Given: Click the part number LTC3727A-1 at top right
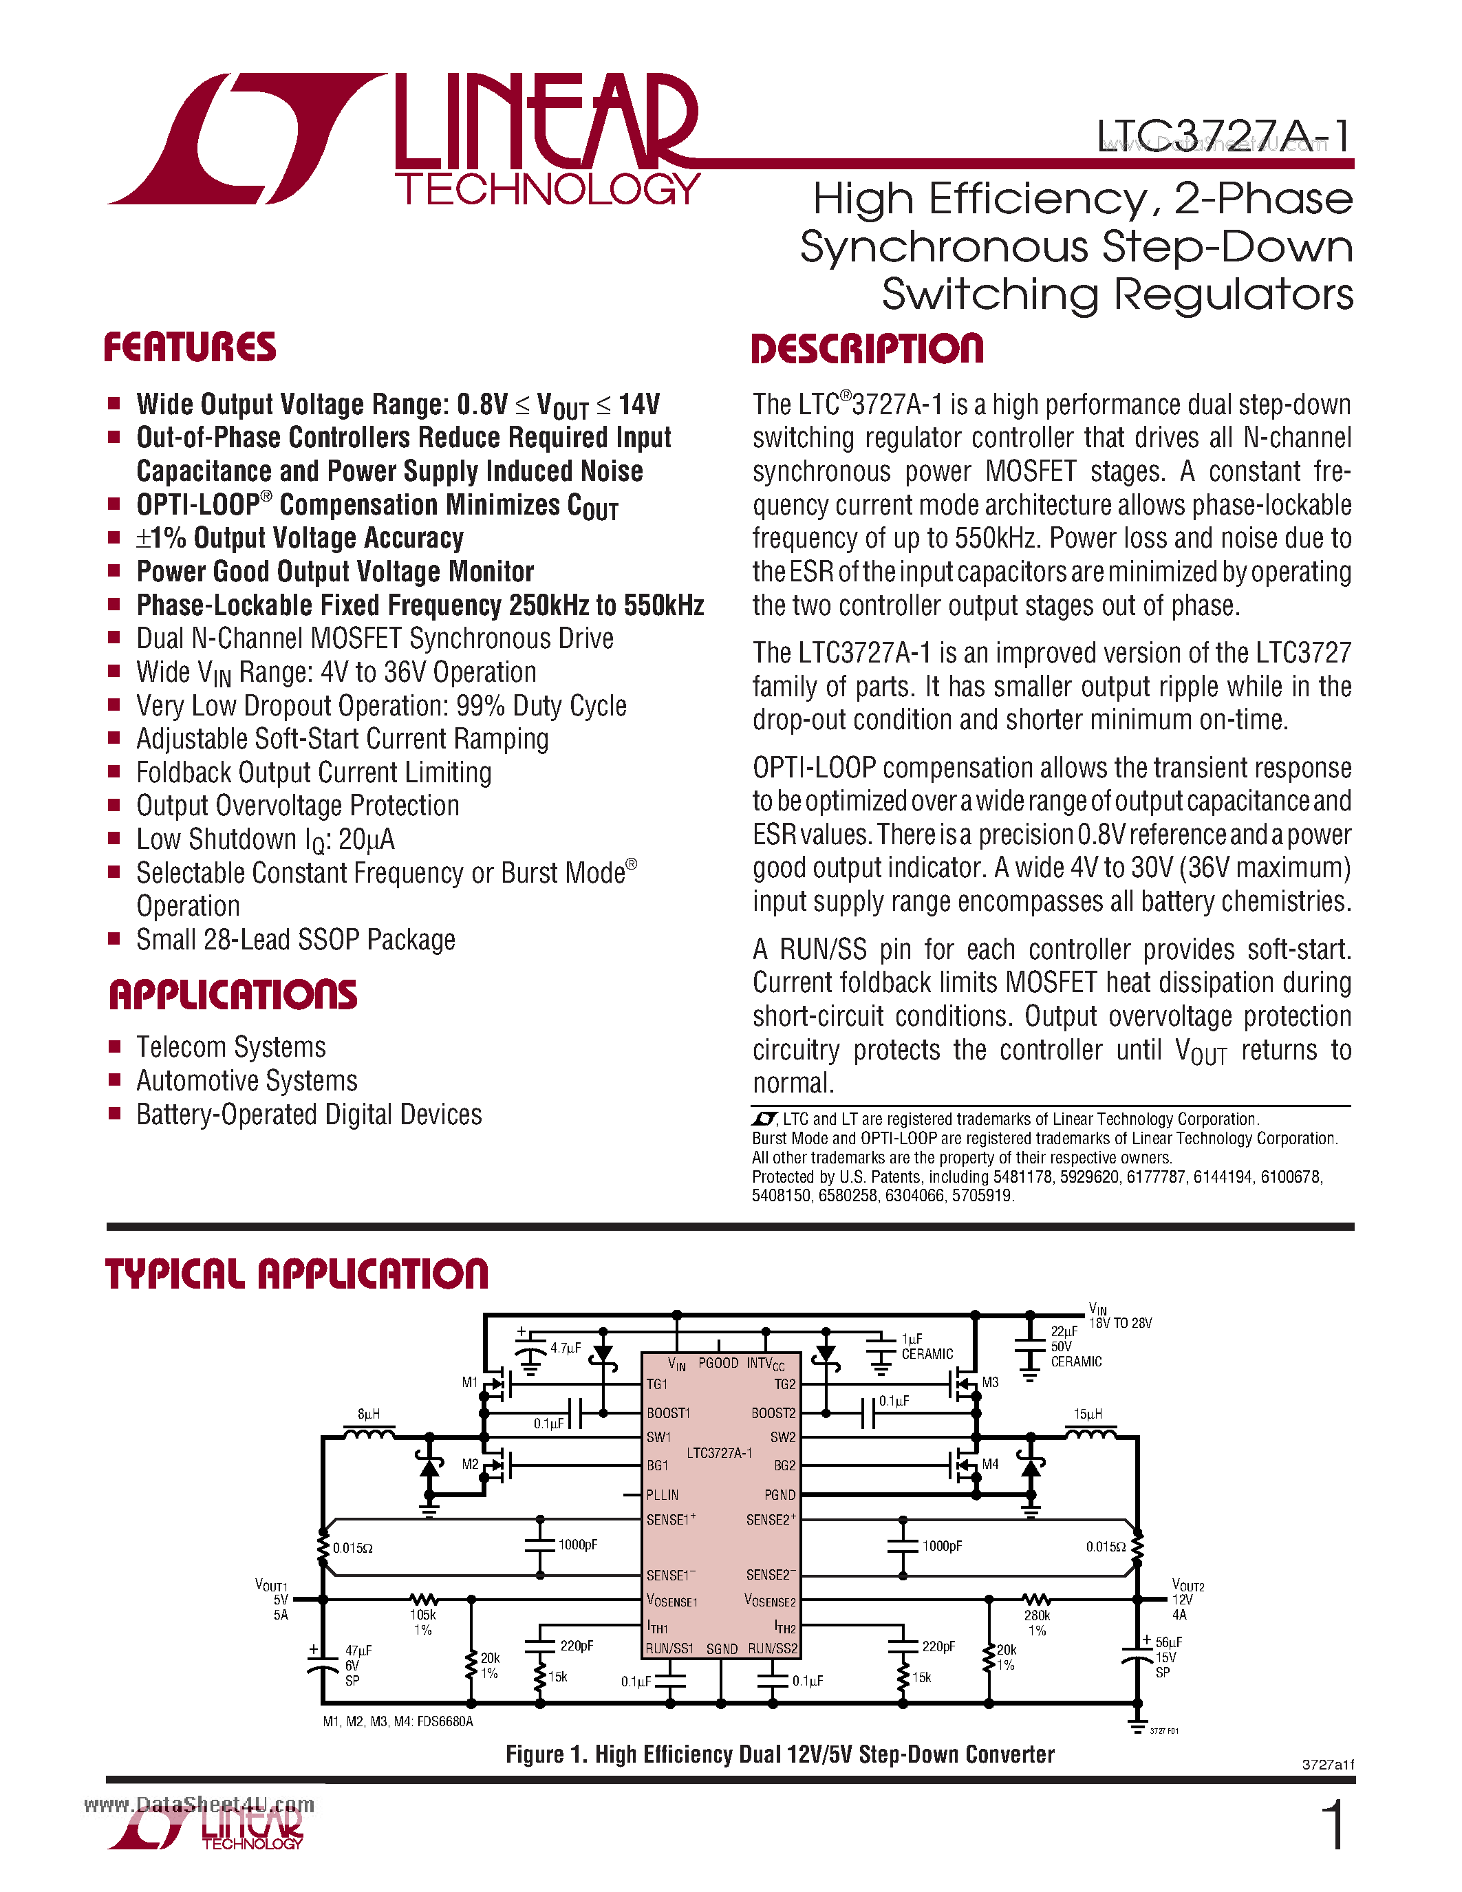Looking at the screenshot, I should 1223,136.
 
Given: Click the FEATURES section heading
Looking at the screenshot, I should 190,347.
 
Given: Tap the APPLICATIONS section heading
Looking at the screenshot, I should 233,995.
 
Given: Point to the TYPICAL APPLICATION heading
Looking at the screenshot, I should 297,1274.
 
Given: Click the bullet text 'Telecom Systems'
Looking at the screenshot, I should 231,1047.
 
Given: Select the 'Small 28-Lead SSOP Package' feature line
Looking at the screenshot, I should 295,940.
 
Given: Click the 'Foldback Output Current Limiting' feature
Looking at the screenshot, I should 314,773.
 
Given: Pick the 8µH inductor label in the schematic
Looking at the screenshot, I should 369,1415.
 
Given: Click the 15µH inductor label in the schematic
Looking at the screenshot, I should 1088,1414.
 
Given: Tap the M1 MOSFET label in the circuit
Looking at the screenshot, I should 469,1382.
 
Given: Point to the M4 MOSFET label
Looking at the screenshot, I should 990,1464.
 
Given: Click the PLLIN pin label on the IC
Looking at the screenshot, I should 663,1494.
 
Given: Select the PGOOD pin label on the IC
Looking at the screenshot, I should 718,1363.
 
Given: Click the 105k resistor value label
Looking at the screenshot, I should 422,1615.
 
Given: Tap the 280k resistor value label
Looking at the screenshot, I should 1037,1615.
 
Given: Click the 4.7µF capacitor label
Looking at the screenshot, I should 566,1348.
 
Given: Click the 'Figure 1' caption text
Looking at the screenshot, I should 780,1754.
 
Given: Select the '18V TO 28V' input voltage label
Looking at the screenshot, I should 1121,1323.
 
